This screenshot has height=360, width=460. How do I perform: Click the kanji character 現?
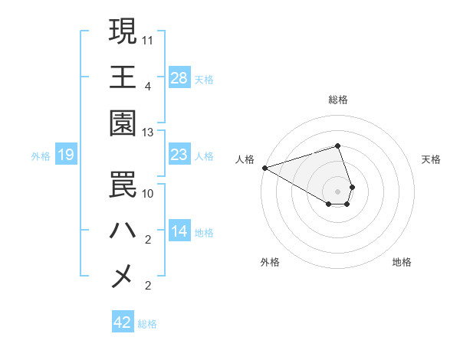pos(123,31)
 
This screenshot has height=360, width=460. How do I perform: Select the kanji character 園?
pos(123,123)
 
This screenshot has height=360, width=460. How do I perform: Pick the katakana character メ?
pos(123,277)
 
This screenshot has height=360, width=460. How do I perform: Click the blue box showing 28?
pos(179,78)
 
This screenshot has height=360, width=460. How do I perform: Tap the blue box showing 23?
pos(179,155)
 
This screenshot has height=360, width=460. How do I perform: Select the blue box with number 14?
pos(179,231)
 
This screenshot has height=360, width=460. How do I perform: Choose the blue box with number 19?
pos(66,155)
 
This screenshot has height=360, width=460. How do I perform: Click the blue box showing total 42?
pos(123,322)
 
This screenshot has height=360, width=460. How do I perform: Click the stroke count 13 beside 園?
pos(148,132)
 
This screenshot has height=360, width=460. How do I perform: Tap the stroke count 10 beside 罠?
pos(148,193)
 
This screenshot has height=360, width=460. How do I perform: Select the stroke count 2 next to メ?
pos(148,286)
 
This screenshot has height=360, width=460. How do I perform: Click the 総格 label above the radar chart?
pos(338,100)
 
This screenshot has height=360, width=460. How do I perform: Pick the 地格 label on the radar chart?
pos(402,262)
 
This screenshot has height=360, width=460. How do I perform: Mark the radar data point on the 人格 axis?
pos(264,168)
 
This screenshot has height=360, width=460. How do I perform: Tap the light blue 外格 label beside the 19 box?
pos(40,156)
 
